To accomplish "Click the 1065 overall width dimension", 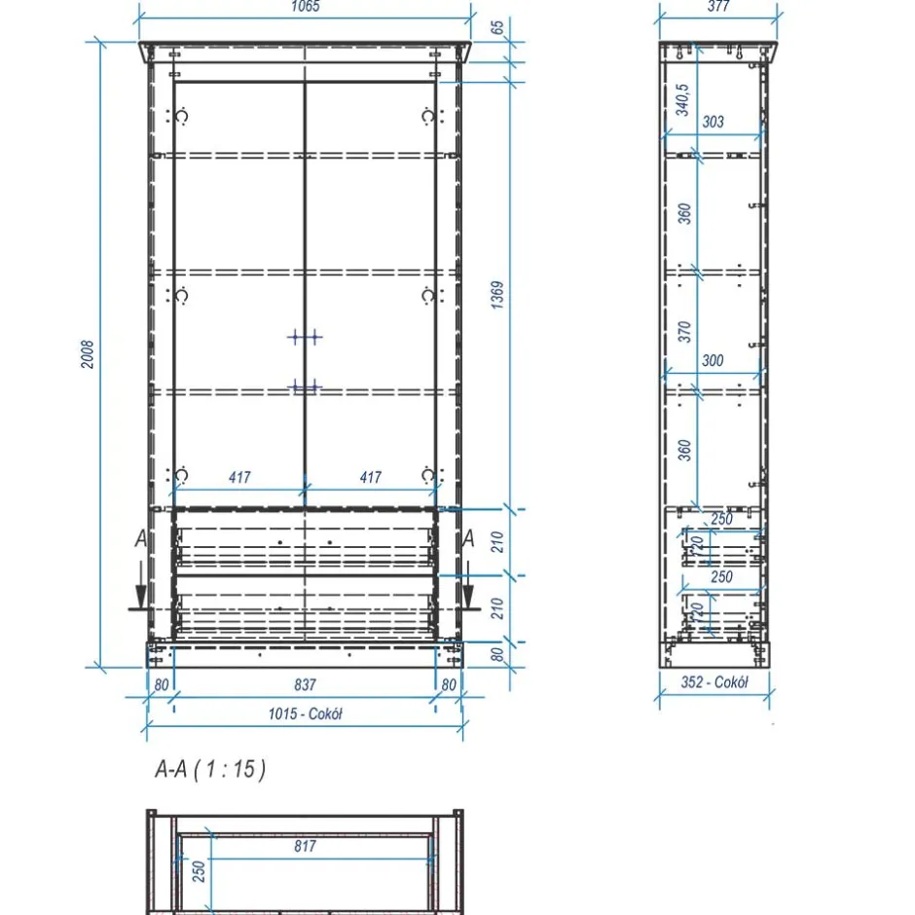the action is [x=306, y=7].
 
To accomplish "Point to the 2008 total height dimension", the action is [x=87, y=354].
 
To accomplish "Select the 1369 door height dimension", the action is [x=496, y=295].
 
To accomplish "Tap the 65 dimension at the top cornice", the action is [x=496, y=28].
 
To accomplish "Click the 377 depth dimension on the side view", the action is [x=718, y=7].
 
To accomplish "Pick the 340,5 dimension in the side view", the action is [x=682, y=100].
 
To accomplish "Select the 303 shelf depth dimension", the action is [x=713, y=122].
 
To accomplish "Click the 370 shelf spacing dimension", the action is [x=684, y=332].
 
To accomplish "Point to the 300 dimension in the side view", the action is [x=713, y=360].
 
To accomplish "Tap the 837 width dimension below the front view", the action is [x=306, y=684].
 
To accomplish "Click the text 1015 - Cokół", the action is [x=306, y=714].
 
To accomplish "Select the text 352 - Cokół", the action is [x=714, y=682].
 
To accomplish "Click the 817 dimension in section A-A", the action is [x=306, y=846].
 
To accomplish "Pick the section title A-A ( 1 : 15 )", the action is [x=210, y=769].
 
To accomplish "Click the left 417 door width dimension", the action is [x=239, y=477].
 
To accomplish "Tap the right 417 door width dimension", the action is [x=371, y=477].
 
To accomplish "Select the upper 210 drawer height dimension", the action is [x=497, y=542].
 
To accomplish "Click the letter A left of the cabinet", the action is [x=141, y=538].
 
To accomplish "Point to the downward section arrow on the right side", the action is [x=468, y=585].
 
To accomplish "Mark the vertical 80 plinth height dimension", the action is [x=497, y=654].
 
